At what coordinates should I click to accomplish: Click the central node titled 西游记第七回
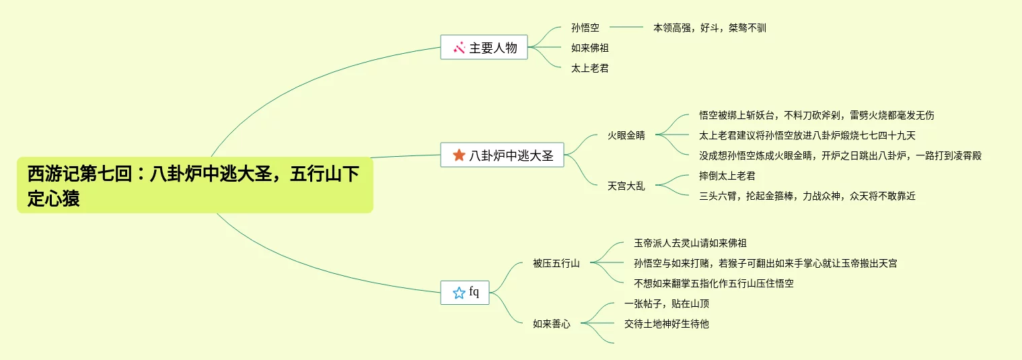coord(194,186)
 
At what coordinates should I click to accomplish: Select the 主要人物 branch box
coord(484,48)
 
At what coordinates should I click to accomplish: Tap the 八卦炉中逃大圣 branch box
coord(502,155)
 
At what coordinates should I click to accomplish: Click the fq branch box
coord(465,293)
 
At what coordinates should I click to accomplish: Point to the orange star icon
coord(459,155)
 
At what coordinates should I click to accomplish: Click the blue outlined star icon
coord(459,293)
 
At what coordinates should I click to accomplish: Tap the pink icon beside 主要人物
coord(459,48)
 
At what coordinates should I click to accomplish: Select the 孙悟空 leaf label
coord(585,28)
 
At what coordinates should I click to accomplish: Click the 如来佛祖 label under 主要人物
coord(589,48)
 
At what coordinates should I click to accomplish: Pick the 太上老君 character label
coord(589,68)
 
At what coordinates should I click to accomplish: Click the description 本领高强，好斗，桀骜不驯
coord(709,28)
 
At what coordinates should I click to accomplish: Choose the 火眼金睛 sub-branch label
coord(626,135)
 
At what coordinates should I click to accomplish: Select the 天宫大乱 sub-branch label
coord(626,186)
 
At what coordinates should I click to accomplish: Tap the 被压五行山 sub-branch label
coord(556,263)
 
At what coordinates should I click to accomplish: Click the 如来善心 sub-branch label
coord(551,324)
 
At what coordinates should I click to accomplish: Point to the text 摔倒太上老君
coord(727,176)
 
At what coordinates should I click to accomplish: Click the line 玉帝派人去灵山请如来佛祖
coord(690,243)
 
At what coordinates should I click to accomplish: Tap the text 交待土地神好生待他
coord(666,324)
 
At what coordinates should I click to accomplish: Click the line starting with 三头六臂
coord(807,196)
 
